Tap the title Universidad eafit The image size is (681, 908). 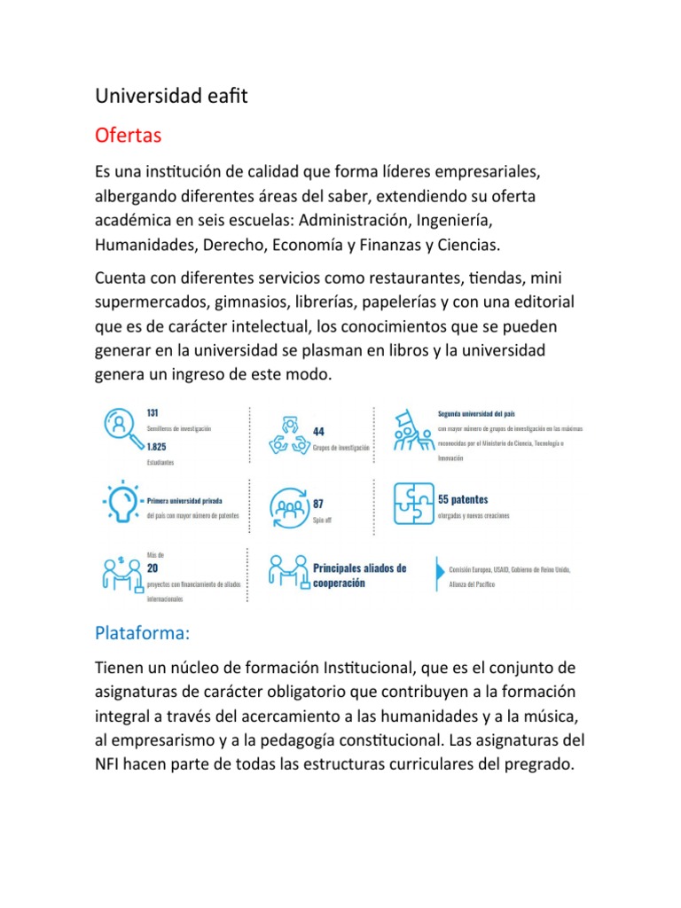(x=171, y=95)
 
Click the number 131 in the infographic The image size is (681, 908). (x=153, y=412)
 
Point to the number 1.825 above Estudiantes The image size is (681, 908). (x=158, y=447)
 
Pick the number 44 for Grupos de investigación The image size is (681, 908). (x=318, y=431)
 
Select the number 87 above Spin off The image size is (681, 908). (x=318, y=503)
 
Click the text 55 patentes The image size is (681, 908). (x=463, y=499)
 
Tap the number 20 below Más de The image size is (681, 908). (x=153, y=567)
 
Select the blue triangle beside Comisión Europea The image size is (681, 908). (x=438, y=575)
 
